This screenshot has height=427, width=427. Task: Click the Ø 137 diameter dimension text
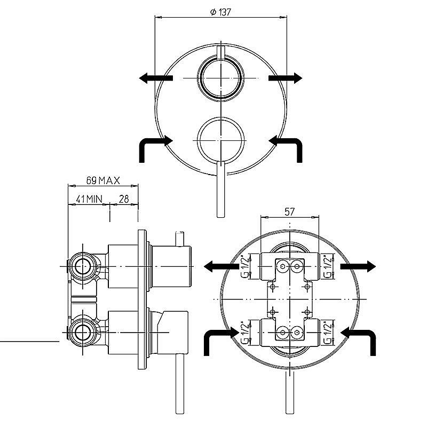[220, 12]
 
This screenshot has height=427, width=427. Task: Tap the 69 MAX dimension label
[103, 180]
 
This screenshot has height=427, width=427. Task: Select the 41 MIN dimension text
[89, 199]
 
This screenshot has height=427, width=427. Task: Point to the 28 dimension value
[124, 199]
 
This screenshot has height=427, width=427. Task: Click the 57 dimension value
[289, 211]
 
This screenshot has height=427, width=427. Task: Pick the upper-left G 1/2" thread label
[245, 266]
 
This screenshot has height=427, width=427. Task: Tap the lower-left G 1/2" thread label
[245, 333]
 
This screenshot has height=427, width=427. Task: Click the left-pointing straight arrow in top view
[156, 78]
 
